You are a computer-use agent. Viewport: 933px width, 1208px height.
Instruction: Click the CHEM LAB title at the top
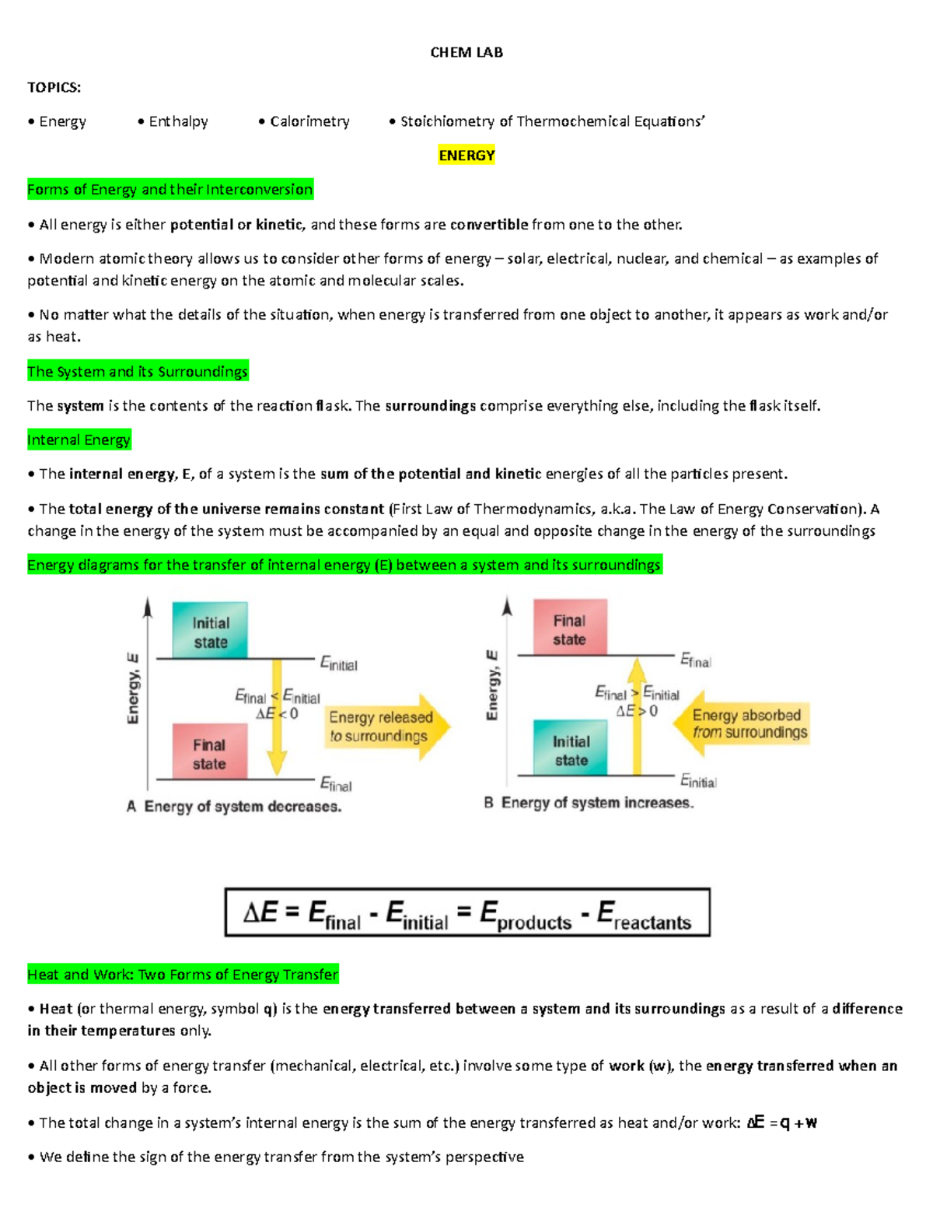(466, 52)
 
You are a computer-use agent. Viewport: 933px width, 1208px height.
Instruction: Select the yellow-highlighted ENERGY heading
(466, 155)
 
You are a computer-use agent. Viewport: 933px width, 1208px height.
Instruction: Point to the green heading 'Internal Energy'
(79, 439)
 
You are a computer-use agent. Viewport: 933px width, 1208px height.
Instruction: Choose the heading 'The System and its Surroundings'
(138, 371)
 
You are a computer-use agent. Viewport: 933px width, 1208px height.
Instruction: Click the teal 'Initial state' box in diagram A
(210, 631)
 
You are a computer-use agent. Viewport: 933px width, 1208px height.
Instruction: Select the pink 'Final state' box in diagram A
(209, 752)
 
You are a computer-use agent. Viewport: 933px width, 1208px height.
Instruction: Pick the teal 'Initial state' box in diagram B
(571, 748)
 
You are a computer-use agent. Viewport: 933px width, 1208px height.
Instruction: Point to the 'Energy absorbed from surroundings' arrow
(743, 723)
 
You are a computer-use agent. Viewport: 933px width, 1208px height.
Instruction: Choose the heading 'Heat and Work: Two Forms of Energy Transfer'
(183, 974)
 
